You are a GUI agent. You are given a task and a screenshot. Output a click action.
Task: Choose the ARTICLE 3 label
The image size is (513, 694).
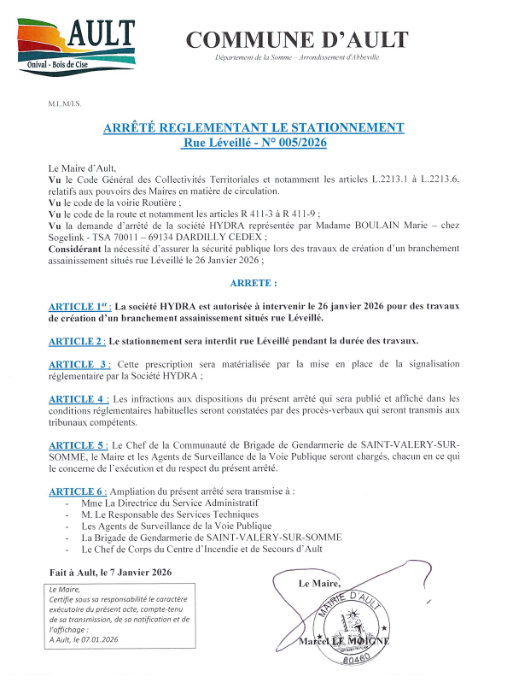click(x=79, y=364)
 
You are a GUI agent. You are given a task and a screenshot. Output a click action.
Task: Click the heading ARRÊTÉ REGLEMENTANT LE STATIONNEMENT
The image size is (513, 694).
click(x=254, y=127)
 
